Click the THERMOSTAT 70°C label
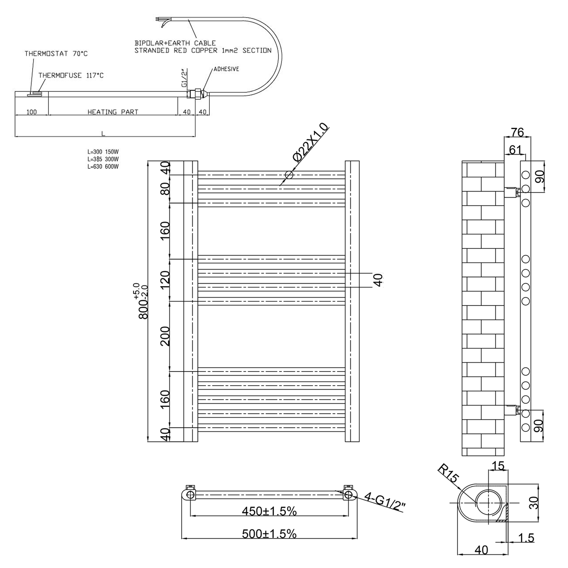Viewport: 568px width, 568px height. coord(56,54)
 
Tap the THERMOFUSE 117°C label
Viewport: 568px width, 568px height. coord(71,75)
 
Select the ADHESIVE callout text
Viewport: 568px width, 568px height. coord(226,69)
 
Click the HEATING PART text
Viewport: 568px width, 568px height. coord(113,112)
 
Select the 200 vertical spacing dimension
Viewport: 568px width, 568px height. coord(165,336)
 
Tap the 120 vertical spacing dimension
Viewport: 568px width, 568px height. coord(165,280)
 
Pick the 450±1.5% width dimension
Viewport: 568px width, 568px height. coord(269,511)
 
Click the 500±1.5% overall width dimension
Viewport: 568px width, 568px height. coord(269,534)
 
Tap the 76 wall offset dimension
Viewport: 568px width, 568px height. coord(517,132)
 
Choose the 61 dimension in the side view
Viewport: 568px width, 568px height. coord(515,150)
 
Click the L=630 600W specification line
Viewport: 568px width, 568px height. coord(103,167)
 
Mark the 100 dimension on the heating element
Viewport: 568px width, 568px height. coord(32,112)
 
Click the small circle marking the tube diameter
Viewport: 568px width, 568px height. coord(289,175)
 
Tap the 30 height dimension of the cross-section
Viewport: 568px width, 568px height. coord(533,503)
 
